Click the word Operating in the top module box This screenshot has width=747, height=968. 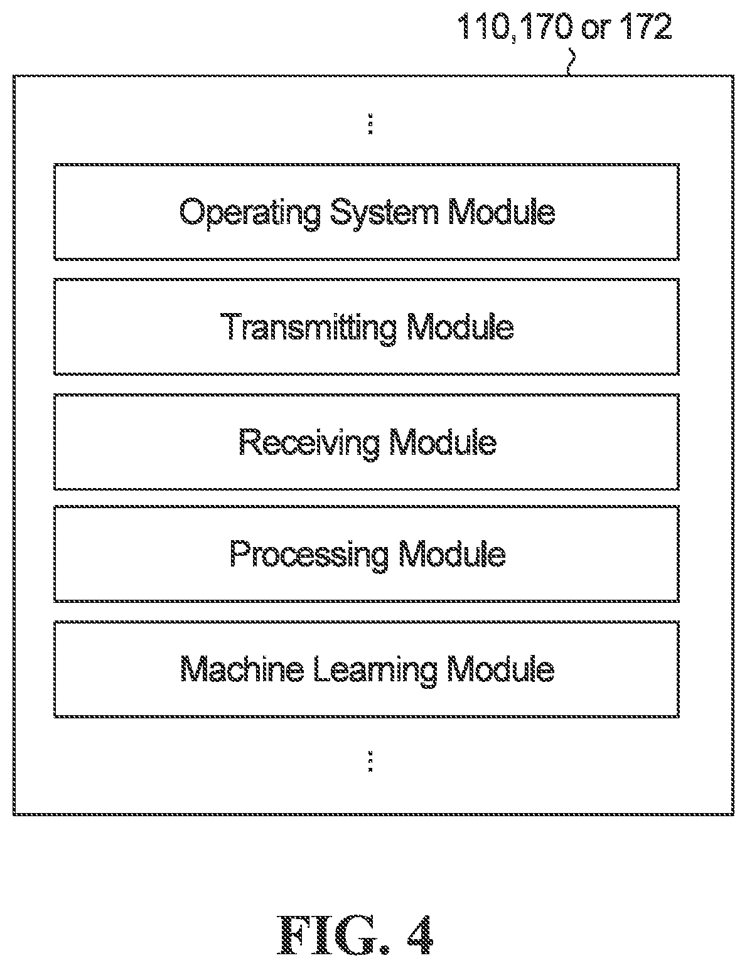250,213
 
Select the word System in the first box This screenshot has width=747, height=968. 384,213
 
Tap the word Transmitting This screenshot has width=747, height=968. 308,328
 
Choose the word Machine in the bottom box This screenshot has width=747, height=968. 242,669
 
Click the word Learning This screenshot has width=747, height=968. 375,670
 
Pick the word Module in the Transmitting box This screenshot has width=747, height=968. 460,326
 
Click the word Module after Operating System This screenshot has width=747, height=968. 502,211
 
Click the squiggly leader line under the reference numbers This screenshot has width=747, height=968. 571,62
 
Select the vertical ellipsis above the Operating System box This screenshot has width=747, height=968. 370,124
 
